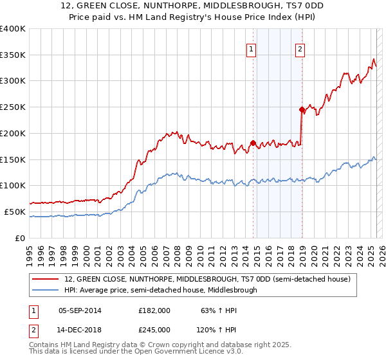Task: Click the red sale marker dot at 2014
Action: point(253,143)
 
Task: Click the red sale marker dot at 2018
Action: point(302,110)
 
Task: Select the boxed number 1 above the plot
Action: point(252,49)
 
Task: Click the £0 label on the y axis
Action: point(19,238)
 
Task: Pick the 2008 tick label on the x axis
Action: point(178,252)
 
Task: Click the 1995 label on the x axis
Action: point(30,252)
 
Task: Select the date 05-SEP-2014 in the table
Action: point(80,310)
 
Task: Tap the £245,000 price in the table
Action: point(154,329)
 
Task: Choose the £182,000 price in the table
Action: point(154,310)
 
